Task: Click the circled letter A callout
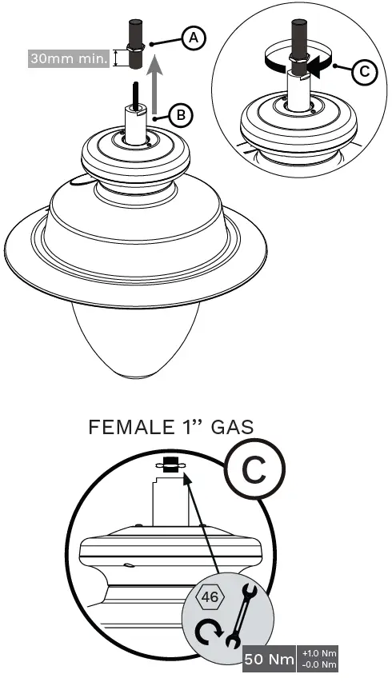click(192, 37)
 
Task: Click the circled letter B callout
click(182, 115)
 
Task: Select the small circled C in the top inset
click(362, 71)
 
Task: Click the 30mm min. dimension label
click(69, 58)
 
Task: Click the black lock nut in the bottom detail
click(169, 465)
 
